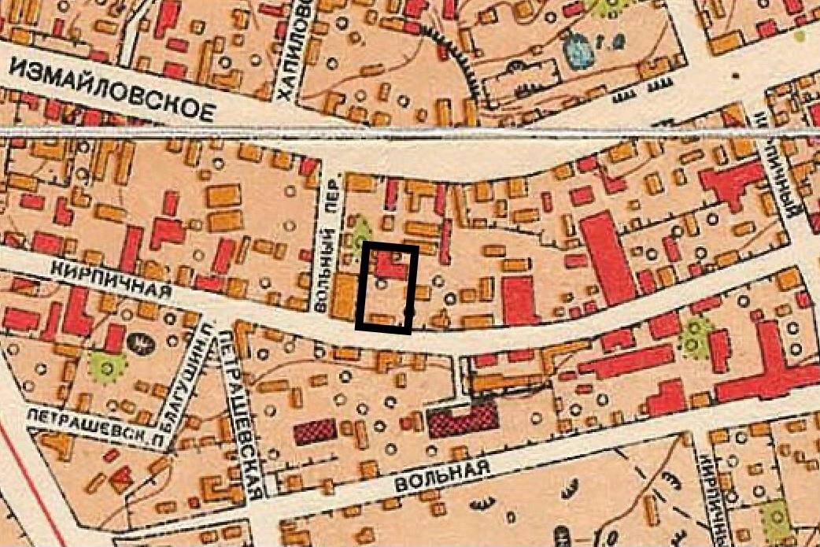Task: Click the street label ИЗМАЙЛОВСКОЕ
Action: (x=112, y=89)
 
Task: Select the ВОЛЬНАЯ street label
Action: (x=444, y=475)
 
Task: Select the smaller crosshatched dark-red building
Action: (x=316, y=431)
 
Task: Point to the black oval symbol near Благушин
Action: (x=142, y=342)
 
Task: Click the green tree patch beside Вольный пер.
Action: (x=361, y=232)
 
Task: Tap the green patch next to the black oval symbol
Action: (x=108, y=364)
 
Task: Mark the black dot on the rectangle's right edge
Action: (x=408, y=314)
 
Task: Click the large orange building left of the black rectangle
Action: (x=344, y=296)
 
